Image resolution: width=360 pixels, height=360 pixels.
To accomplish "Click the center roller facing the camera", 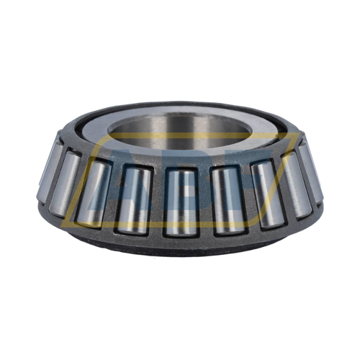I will coord(179,201).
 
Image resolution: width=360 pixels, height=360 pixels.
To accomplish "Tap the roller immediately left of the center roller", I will coord(134,199).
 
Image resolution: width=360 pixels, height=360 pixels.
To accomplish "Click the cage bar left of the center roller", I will coord(156,201).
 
